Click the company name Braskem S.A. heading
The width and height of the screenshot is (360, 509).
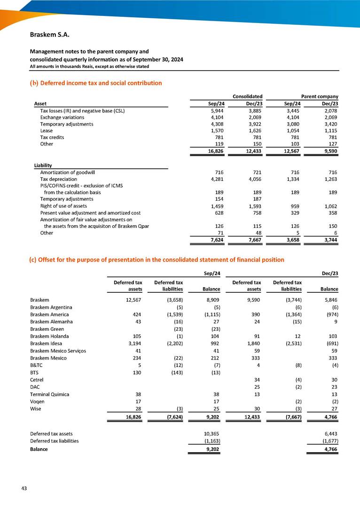[x=50, y=35]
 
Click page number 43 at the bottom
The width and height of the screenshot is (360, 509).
[x=23, y=488]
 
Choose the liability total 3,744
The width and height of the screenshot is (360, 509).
[x=330, y=240]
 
